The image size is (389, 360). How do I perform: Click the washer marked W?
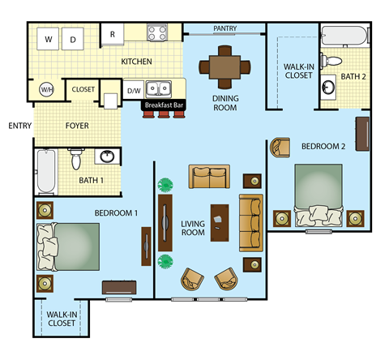point(49,39)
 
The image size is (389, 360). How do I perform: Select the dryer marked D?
point(73,39)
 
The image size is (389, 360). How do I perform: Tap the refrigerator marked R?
point(112,35)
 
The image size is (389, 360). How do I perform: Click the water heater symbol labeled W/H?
point(47,89)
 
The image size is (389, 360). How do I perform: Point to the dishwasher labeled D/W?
point(134,90)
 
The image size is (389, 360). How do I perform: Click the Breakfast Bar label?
point(164,105)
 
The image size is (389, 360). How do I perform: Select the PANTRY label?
point(224,28)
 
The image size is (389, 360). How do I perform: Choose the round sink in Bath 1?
point(106,156)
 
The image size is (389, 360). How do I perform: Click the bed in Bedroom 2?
point(318,195)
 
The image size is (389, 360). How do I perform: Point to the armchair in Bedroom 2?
point(280,147)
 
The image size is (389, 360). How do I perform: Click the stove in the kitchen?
point(157,33)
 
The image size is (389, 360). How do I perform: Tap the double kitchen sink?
point(165,88)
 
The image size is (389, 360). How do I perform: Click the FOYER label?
point(77,126)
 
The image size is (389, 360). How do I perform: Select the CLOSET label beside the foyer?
point(83,89)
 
